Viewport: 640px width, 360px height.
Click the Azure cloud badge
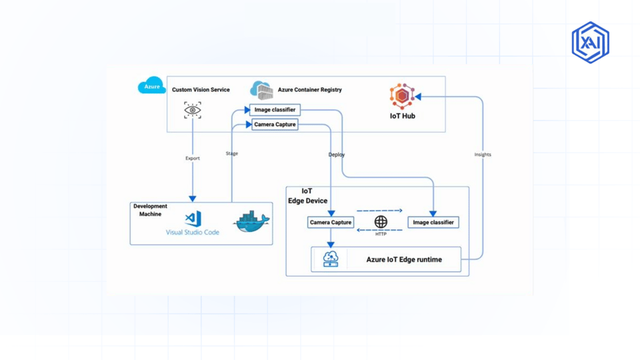152,85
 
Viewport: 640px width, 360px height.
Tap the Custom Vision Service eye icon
193,110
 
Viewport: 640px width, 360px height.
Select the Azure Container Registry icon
261,90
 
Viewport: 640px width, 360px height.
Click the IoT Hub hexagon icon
402,96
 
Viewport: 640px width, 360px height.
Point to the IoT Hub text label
403,116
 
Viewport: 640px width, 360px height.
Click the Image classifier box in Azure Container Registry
275,110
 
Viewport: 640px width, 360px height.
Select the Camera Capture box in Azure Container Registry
275,125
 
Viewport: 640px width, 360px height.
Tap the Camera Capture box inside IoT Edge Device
331,223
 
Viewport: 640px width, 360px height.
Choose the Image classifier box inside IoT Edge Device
433,223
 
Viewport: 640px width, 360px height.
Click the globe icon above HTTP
381,221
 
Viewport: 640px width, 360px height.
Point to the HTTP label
381,234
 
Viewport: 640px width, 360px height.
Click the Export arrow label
193,159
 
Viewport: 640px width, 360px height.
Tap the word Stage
232,153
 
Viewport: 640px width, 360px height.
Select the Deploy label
337,155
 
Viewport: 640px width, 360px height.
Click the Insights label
483,155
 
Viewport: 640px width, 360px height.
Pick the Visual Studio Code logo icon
193,219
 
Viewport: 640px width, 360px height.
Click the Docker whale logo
251,222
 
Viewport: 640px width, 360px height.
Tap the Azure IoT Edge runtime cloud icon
331,259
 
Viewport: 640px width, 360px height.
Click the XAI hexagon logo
591,43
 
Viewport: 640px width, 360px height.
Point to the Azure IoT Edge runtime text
404,259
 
